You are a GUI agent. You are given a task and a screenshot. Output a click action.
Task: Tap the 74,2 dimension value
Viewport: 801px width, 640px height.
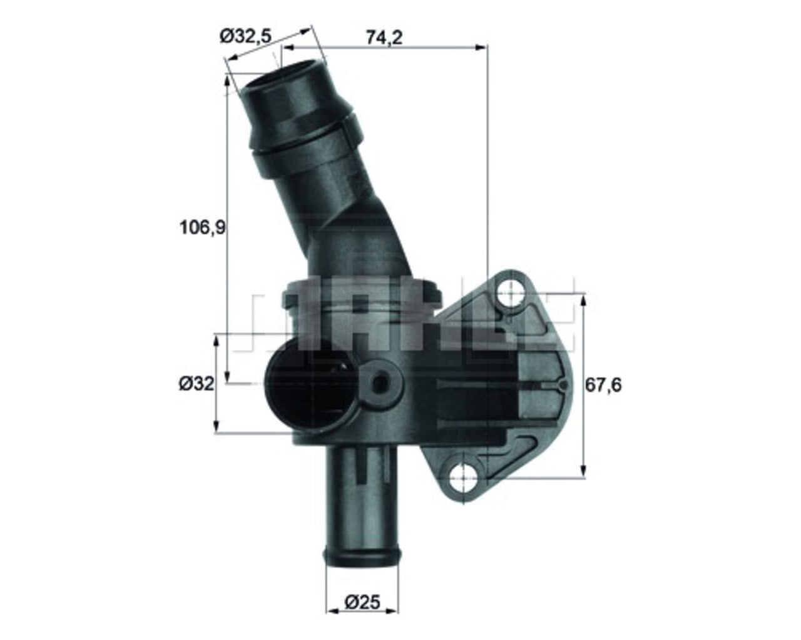pyautogui.click(x=384, y=37)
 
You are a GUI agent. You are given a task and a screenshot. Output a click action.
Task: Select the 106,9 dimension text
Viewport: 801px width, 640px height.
pyautogui.click(x=203, y=228)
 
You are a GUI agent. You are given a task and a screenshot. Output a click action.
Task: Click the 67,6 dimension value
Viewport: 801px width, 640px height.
pyautogui.click(x=603, y=385)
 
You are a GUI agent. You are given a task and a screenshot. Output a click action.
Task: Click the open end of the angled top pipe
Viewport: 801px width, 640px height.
pyautogui.click(x=284, y=79)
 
